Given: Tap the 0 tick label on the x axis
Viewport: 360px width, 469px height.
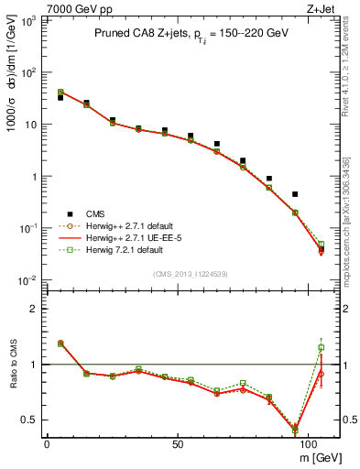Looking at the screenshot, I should coord(47,442).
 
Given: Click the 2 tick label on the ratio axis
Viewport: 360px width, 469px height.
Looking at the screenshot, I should coord(36,309).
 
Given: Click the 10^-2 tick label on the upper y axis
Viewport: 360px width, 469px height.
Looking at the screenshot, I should coord(27,280).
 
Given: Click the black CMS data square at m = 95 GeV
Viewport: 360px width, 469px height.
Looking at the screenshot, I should coord(295,194).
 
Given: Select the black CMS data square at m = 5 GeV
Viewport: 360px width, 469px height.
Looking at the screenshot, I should coord(60,97).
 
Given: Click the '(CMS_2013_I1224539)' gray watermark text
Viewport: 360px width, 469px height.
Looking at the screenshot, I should coord(191,274).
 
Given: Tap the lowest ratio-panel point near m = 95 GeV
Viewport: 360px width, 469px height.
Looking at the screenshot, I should coord(295,429).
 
